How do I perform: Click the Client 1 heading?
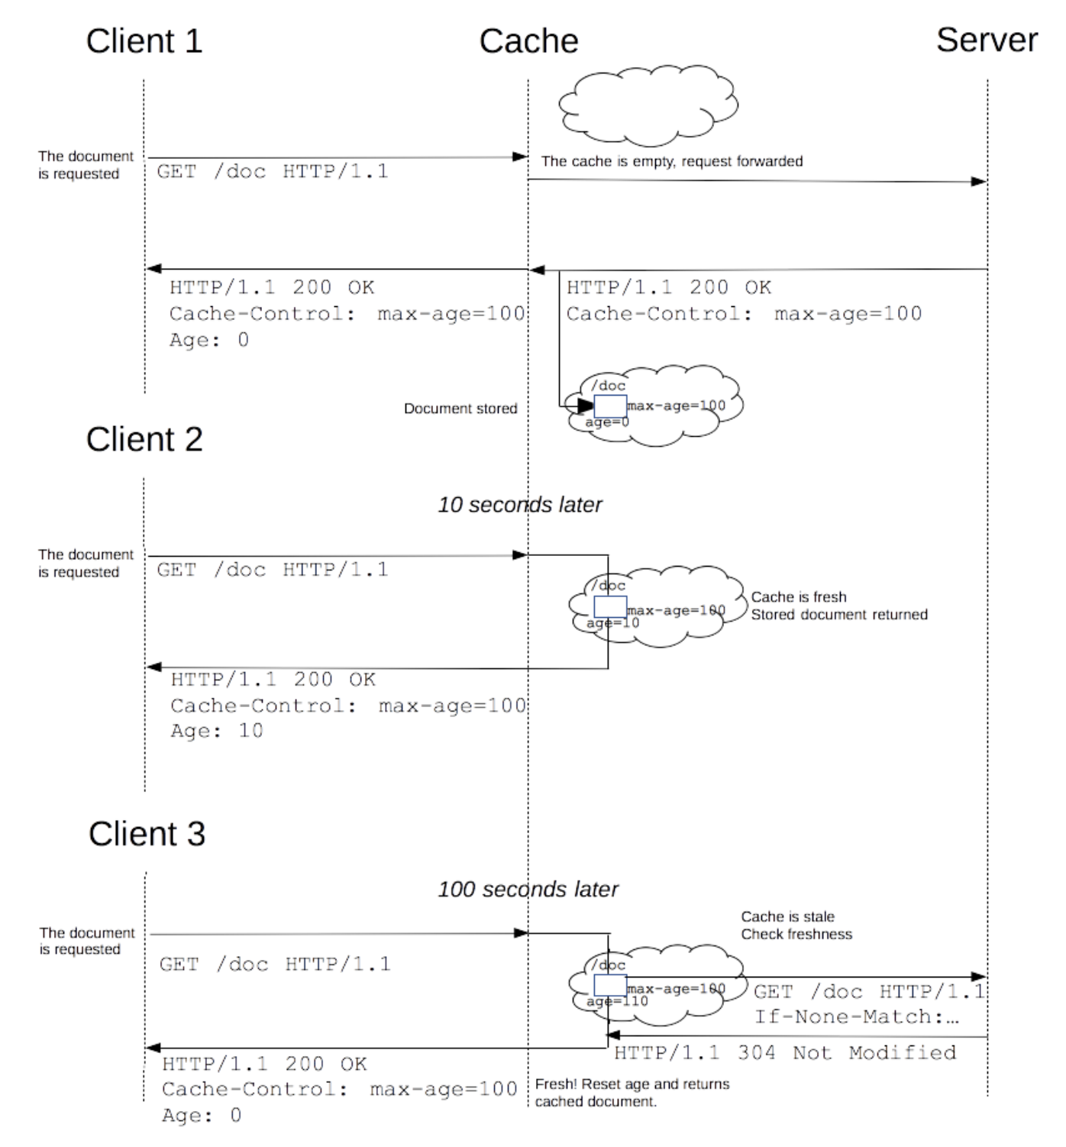[x=144, y=41]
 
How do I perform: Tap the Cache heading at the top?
[x=528, y=41]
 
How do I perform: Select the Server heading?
[x=987, y=40]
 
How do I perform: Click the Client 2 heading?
[x=144, y=440]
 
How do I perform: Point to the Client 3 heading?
[x=147, y=834]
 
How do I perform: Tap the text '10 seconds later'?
[x=520, y=505]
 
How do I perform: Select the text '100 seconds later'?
[x=528, y=889]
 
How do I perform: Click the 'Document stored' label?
[x=460, y=409]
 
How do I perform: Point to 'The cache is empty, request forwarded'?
[x=672, y=161]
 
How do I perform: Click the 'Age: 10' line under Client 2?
[x=217, y=731]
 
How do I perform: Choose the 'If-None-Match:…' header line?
[x=856, y=1016]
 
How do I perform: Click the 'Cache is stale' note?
[x=787, y=916]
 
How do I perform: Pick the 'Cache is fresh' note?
[x=799, y=597]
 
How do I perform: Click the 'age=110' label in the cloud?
[x=617, y=1001]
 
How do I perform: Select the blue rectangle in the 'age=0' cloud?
[x=610, y=406]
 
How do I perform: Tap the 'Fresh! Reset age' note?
[x=632, y=1084]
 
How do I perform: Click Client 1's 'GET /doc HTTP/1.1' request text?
[x=273, y=172]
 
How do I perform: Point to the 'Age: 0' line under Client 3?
[x=202, y=1116]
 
